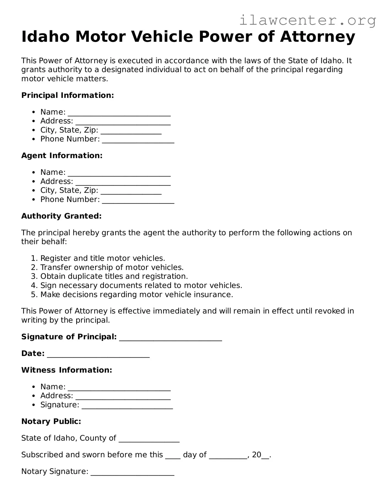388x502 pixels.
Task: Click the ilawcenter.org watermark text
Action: pos(307,21)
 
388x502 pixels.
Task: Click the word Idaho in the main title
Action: pos(45,37)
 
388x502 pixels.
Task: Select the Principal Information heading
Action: pos(67,95)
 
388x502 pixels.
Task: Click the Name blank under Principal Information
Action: pos(119,113)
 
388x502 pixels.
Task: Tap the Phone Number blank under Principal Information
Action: pos(138,140)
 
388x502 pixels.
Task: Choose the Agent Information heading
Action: pos(62,156)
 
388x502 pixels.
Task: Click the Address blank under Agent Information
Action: pos(123,182)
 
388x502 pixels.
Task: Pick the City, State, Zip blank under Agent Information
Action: pos(131,191)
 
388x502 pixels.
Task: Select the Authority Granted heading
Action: pos(61,216)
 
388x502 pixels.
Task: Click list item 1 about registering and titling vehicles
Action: pos(103,258)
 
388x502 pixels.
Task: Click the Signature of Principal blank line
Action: pos(170,338)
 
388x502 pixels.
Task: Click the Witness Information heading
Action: pos(67,370)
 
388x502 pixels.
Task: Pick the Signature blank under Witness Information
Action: pos(127,406)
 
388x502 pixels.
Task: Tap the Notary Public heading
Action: pos(51,421)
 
